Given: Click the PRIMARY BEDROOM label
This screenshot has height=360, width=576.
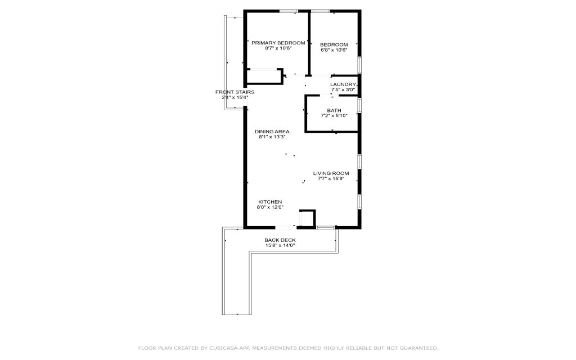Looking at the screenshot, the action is coord(278,43).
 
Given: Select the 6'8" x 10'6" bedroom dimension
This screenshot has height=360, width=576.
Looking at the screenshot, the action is coord(334,50).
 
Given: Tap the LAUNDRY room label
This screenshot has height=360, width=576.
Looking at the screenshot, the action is coord(343,84).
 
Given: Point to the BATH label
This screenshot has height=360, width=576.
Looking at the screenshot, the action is coord(334,111).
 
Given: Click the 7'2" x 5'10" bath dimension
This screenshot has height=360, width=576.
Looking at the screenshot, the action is coord(334,116).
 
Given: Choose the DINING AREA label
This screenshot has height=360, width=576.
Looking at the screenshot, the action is coord(272,132).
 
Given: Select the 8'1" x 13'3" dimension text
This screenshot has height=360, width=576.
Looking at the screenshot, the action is coord(272,137).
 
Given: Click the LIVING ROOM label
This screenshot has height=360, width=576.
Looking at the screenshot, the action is coord(331,173).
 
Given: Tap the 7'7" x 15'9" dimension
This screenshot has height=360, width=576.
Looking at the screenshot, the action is coord(331,179).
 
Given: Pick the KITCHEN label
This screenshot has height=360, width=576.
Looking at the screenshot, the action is coord(270,202).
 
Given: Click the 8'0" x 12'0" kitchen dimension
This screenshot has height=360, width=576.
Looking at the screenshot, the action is coord(270,207).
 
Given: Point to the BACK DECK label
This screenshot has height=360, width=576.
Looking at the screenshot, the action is coord(280,240).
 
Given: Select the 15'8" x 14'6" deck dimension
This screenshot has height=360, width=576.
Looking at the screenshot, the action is coord(280,245).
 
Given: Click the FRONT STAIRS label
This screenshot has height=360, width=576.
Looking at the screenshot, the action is coord(235,92).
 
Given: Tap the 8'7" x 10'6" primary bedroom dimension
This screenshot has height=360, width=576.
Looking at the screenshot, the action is coord(278,48).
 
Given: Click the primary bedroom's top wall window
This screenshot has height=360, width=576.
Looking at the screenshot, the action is coord(289,11).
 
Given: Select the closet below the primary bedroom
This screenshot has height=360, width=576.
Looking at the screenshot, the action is coord(264,76).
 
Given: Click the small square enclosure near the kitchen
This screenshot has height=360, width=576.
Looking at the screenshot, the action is coord(308,218).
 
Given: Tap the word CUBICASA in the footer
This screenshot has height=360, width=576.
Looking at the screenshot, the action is coord(224,348).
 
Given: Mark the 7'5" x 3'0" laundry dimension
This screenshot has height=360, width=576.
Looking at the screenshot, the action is coord(343,89).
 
